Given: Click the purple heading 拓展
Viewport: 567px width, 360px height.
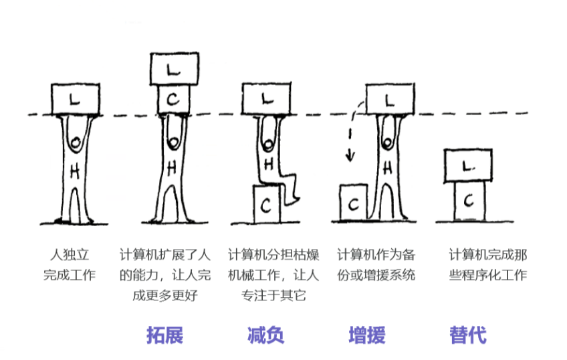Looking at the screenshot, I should pos(164,335).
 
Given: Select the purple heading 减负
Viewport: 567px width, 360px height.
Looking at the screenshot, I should pos(265,335).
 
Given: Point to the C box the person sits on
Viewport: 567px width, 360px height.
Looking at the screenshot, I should pos(266,205).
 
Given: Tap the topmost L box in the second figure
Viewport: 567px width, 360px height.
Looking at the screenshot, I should pos(173,69).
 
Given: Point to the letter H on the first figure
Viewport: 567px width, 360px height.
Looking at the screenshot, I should pos(76,171).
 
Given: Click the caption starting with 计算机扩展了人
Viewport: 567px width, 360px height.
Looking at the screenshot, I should pos(164,274).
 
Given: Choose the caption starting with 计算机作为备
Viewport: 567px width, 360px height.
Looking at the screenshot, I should pos(376,265).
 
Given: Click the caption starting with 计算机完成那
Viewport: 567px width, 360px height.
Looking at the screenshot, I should pos(487,265).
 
